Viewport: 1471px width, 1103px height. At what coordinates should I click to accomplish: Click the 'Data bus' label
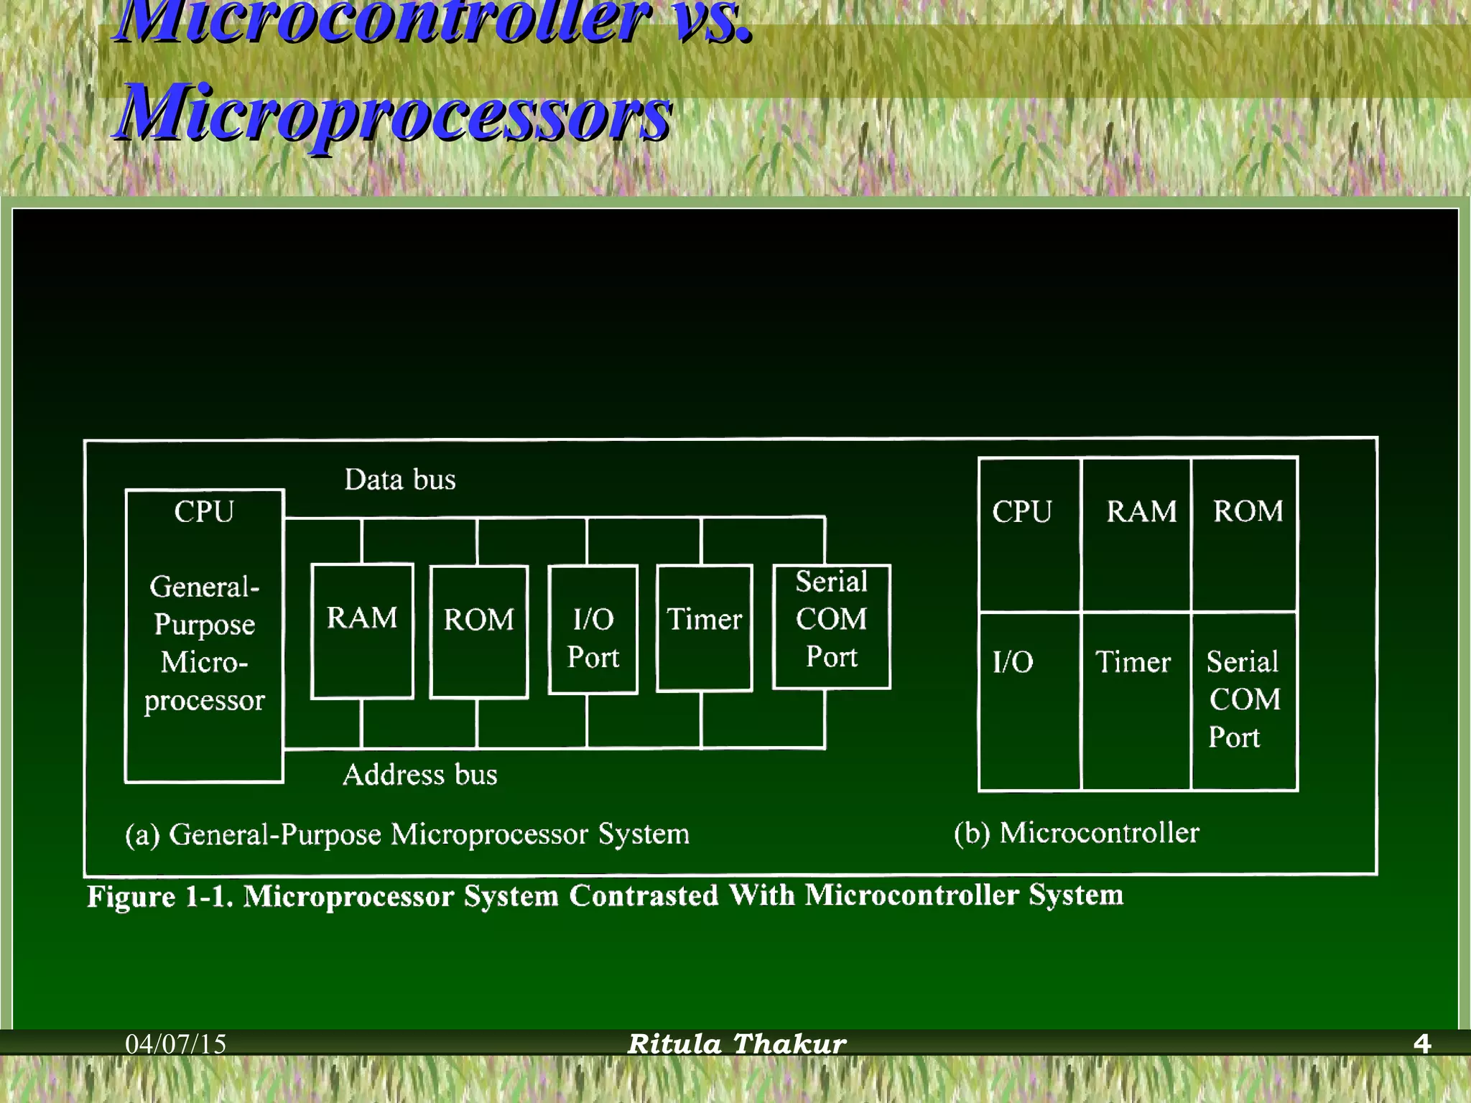(400, 480)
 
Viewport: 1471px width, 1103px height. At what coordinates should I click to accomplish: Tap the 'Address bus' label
(420, 775)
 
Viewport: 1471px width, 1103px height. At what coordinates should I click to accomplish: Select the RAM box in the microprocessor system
(362, 630)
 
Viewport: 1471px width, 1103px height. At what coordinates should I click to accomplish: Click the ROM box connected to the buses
(479, 631)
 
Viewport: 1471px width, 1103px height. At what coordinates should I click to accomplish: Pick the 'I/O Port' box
(593, 630)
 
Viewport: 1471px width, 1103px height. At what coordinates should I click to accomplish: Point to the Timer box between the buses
(705, 628)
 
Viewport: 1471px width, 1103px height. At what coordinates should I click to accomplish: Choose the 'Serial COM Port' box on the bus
(831, 626)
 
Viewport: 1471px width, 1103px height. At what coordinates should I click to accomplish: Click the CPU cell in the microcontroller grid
(1029, 534)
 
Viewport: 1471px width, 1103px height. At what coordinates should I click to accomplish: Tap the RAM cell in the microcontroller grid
(1136, 534)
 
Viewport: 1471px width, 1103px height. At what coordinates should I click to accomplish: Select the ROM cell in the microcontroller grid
(1245, 534)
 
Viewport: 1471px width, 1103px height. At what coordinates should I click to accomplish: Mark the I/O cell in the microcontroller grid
(1029, 701)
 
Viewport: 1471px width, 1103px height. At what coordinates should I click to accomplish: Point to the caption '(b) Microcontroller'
(1077, 833)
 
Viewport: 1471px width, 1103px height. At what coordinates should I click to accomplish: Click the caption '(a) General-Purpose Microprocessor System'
(407, 834)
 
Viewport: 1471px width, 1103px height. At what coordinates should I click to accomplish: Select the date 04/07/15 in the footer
(176, 1043)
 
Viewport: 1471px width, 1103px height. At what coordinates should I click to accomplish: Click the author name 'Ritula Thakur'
(737, 1043)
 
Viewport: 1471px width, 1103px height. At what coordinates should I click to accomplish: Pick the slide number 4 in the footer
(1421, 1043)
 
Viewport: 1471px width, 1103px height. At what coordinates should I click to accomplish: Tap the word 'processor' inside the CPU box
(205, 700)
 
